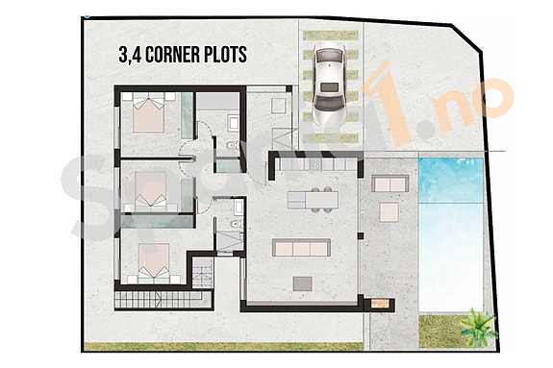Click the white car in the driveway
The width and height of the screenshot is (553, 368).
coord(328,86)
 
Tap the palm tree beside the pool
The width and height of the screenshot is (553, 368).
coord(478,328)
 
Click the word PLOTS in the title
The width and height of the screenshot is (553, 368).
coord(224,54)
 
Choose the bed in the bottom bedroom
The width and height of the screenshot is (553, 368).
coord(151,260)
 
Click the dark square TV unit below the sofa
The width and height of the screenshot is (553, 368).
coord(302,282)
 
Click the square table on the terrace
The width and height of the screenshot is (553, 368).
coord(389,210)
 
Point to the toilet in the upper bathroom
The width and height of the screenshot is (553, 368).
coord(233,122)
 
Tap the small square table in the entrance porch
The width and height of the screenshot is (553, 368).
coord(278,104)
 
